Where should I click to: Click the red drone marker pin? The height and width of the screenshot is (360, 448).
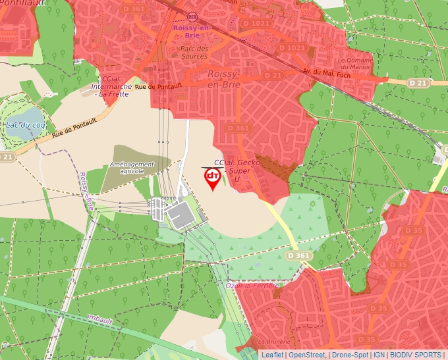[x=212, y=178]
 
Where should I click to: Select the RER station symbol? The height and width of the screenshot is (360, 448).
[x=192, y=16]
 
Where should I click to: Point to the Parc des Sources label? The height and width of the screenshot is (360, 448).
[x=194, y=52]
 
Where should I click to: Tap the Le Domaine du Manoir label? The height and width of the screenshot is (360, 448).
[x=356, y=64]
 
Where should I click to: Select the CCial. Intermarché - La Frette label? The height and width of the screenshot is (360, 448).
[x=110, y=87]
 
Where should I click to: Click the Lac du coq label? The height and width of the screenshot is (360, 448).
[x=25, y=125]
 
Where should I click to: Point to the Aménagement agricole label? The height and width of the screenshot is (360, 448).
[x=132, y=167]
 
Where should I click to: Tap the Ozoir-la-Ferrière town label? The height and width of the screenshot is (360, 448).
[x=252, y=286]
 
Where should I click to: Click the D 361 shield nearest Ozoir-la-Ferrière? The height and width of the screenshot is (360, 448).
[x=300, y=255]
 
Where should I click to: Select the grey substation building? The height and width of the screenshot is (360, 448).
[x=179, y=215]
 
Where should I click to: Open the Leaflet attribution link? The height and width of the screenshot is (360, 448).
[x=272, y=355]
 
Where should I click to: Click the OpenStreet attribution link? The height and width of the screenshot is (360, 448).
[x=306, y=355]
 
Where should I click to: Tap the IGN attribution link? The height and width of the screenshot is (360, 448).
[x=379, y=355]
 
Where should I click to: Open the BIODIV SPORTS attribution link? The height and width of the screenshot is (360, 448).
[x=416, y=355]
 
